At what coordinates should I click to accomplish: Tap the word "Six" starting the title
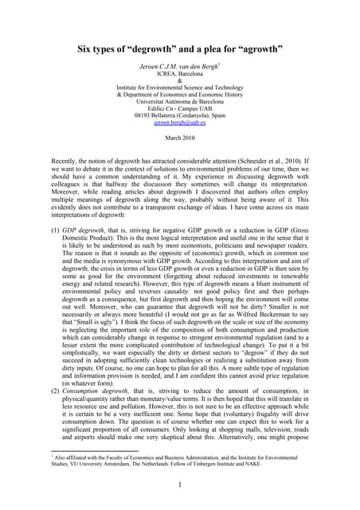[x=86, y=49]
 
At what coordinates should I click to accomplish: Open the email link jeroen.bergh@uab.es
[x=179, y=132]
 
